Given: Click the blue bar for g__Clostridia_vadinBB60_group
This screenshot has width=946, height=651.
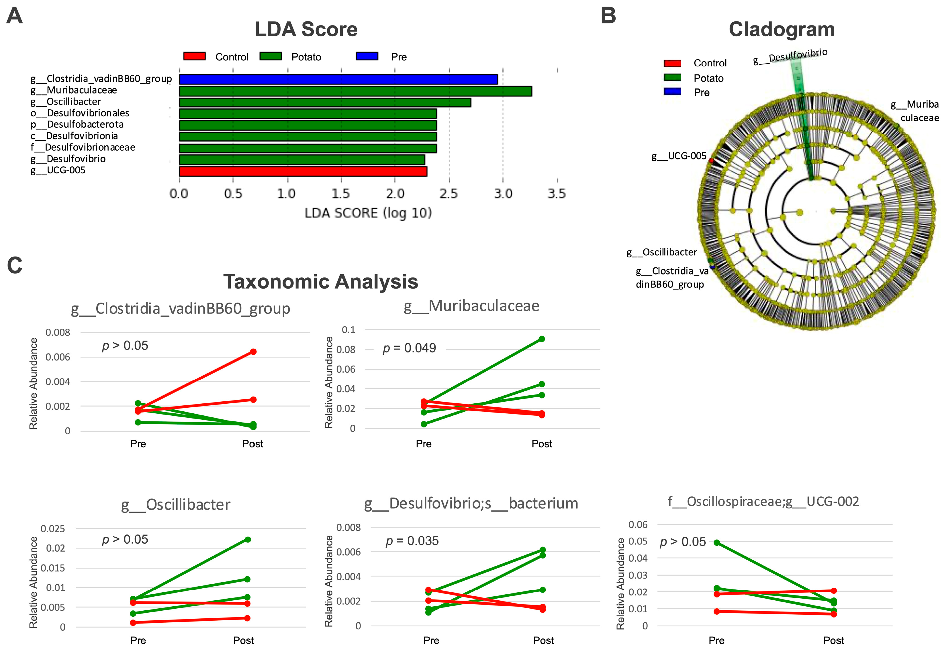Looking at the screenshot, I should [x=338, y=79].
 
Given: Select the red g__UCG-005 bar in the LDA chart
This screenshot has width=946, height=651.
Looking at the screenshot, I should [x=303, y=171].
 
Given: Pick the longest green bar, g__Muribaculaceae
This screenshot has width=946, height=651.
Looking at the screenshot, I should [x=355, y=91].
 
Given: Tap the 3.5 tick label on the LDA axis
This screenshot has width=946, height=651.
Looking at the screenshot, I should [x=557, y=193].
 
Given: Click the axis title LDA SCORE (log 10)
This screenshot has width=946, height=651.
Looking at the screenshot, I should [x=368, y=213].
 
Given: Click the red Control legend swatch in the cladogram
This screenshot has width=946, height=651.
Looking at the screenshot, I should [x=672, y=63].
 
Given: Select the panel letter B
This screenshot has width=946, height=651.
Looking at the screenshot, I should [x=608, y=16].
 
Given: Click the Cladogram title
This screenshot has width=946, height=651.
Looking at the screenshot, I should [x=782, y=30].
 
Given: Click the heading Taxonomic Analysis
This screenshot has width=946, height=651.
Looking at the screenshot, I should [x=320, y=281].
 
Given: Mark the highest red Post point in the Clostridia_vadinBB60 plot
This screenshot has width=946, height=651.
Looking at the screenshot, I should [x=253, y=352].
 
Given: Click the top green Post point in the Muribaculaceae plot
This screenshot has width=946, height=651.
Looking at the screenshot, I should [x=541, y=339].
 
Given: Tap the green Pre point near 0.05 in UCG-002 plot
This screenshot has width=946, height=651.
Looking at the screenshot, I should [x=716, y=542].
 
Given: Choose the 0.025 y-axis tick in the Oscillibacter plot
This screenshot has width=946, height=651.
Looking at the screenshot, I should [x=53, y=529].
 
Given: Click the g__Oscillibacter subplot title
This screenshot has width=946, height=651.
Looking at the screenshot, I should [x=176, y=505].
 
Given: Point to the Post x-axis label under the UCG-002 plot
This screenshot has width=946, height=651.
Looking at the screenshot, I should [x=833, y=640].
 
